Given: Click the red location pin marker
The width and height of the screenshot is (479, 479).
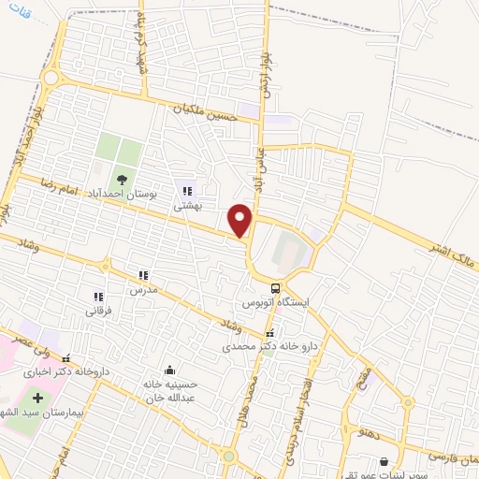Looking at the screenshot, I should (x=241, y=220).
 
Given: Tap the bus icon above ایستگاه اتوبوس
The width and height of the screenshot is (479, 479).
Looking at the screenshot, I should (x=276, y=288).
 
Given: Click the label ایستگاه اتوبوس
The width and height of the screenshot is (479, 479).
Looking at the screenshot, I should (x=277, y=304).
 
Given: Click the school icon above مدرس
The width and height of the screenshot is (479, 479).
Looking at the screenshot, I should (x=143, y=275).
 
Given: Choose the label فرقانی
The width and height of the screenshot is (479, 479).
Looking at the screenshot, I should (x=99, y=310).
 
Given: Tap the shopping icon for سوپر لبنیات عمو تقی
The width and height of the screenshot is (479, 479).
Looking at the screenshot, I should (x=384, y=461).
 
